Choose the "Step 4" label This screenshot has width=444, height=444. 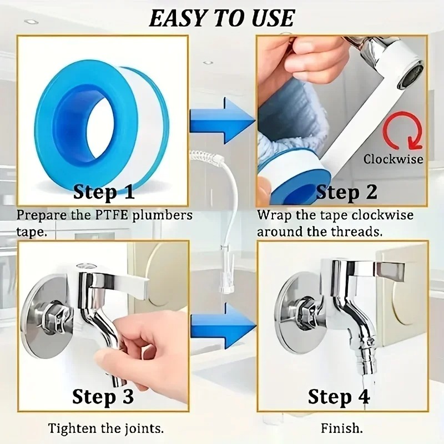(x=338, y=397)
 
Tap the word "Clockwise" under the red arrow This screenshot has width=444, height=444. (x=393, y=159)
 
